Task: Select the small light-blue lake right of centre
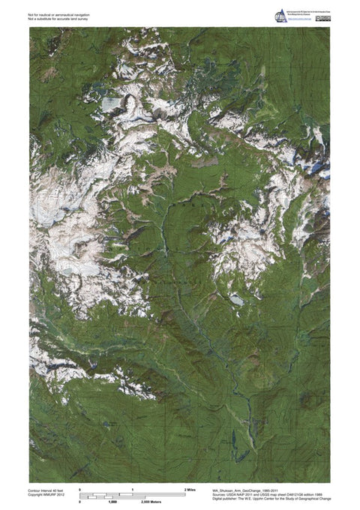237,300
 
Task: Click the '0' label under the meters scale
79,502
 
